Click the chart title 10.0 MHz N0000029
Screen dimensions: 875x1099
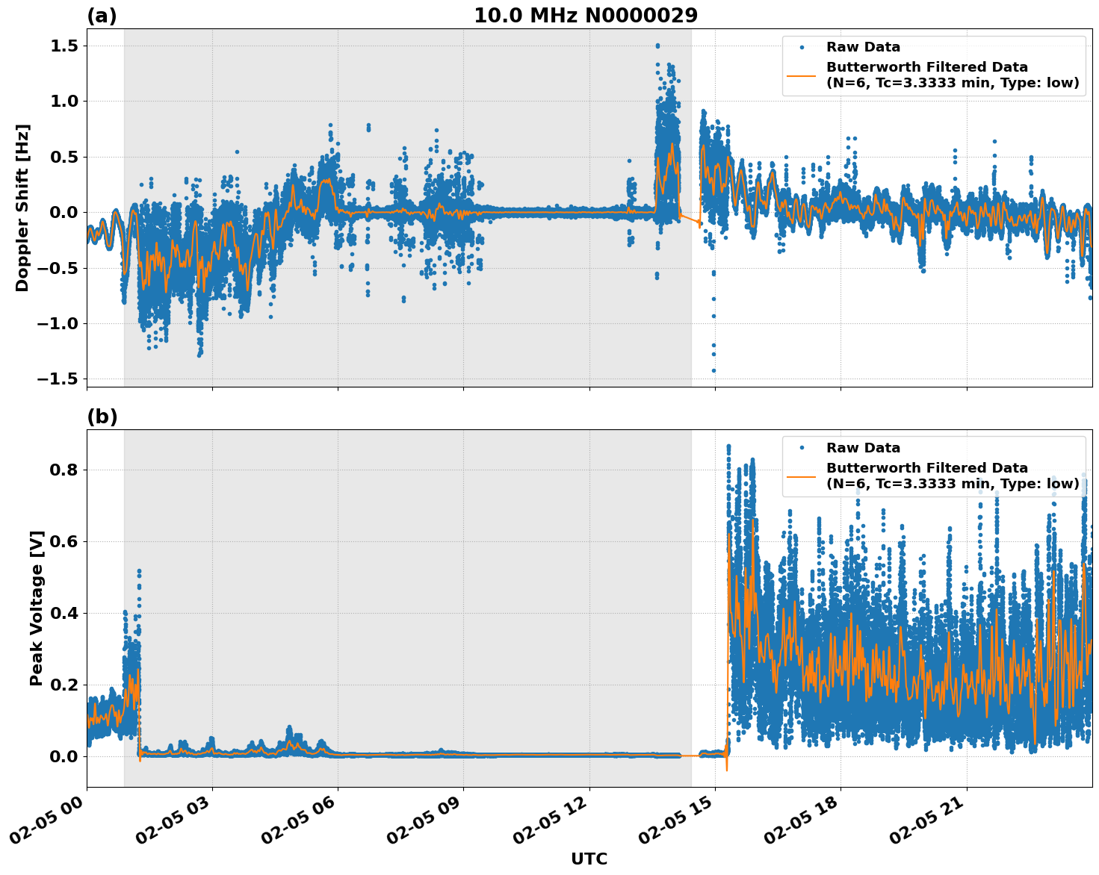pyautogui.click(x=586, y=16)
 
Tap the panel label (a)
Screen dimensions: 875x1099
pyautogui.click(x=102, y=16)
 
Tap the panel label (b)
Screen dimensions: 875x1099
pyautogui.click(x=102, y=417)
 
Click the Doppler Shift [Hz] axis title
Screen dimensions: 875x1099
pyautogui.click(x=22, y=208)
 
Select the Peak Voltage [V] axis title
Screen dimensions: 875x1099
pyautogui.click(x=36, y=608)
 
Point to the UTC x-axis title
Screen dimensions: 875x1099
pyautogui.click(x=589, y=859)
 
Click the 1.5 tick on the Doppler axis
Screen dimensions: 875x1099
pyautogui.click(x=64, y=46)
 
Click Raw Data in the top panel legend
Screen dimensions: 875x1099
pyautogui.click(x=863, y=47)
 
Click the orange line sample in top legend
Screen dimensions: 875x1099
pyautogui.click(x=801, y=75)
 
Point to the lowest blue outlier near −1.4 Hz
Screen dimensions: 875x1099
pyautogui.click(x=713, y=370)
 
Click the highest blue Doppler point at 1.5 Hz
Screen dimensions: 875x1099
pyautogui.click(x=657, y=46)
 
